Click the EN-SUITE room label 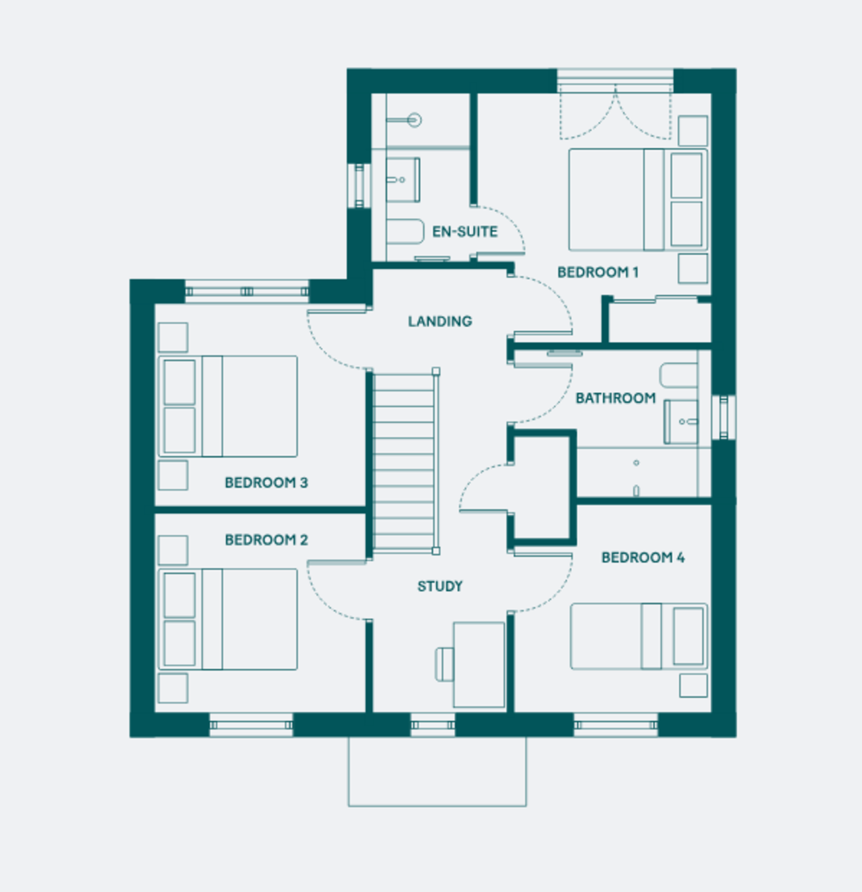click(x=465, y=231)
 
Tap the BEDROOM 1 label click(x=598, y=272)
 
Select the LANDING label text click(x=440, y=321)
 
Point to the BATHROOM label click(x=616, y=398)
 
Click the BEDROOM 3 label click(x=266, y=482)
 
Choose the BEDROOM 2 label click(x=266, y=540)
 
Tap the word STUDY click(x=440, y=586)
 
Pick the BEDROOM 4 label click(x=643, y=557)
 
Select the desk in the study click(x=479, y=665)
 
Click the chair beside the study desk click(x=444, y=665)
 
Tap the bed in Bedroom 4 click(x=639, y=636)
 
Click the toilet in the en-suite click(x=405, y=231)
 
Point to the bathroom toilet click(x=678, y=375)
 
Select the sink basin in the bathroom click(x=681, y=421)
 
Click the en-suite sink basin click(x=403, y=180)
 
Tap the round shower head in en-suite click(x=414, y=120)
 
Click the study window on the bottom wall click(x=433, y=725)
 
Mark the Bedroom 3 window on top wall click(x=247, y=291)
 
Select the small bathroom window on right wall click(x=724, y=417)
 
